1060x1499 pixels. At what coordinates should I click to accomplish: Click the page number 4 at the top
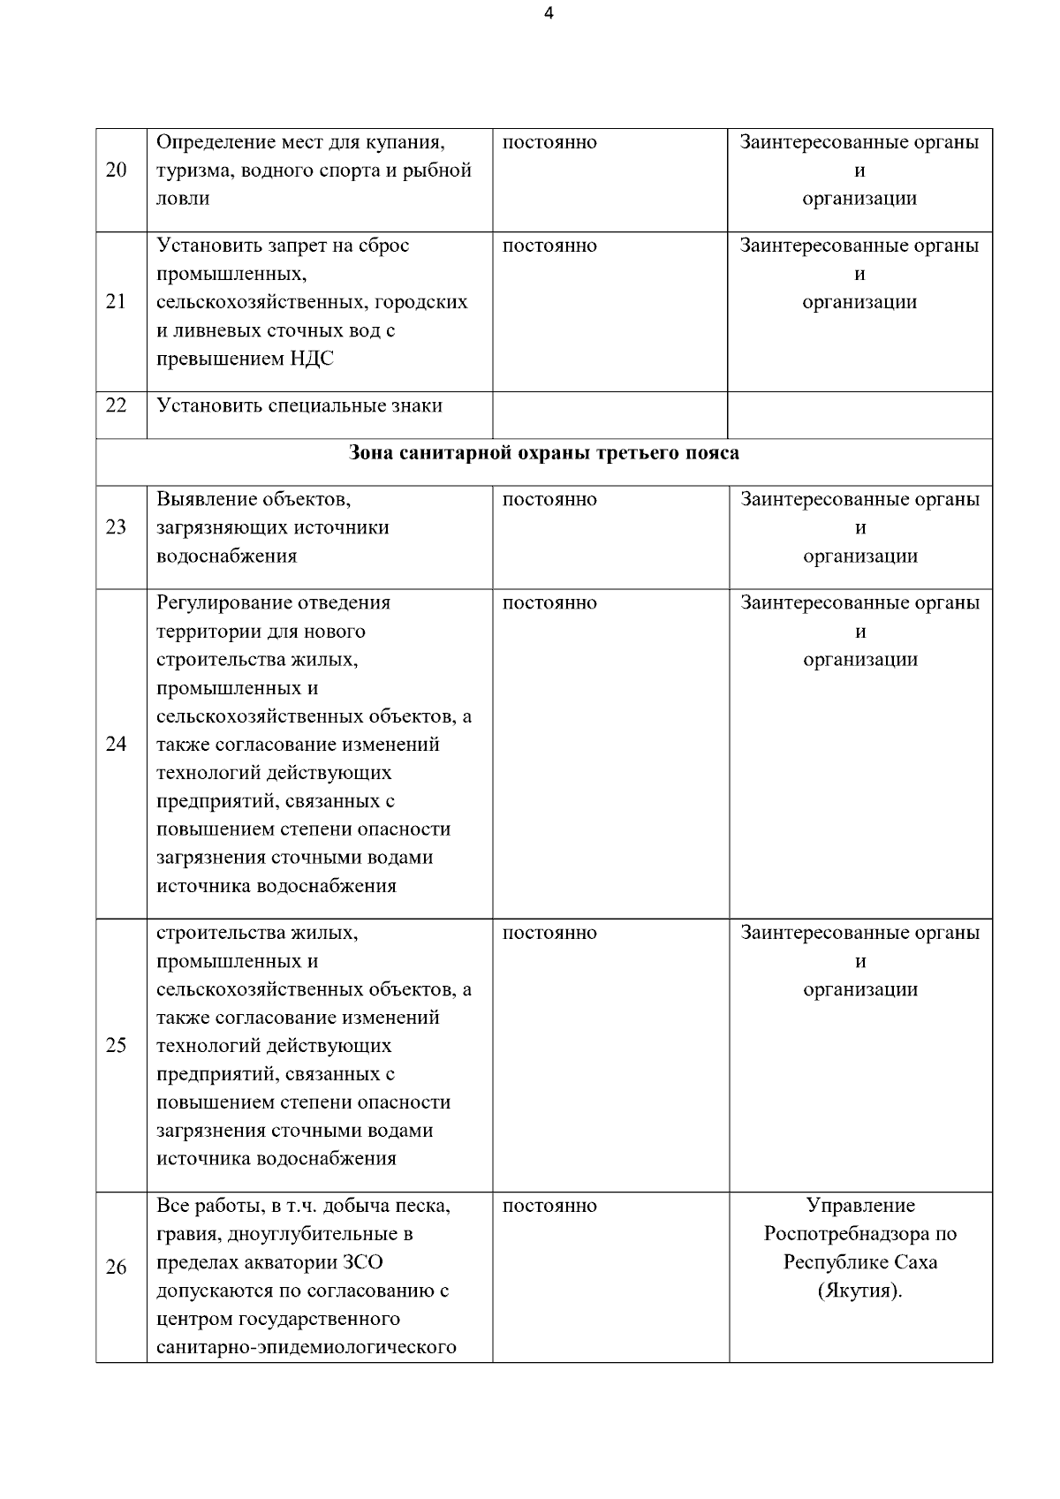549,13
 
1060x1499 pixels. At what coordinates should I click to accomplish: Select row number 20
116,170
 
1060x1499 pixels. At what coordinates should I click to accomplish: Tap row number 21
116,302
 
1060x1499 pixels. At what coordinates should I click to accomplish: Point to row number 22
116,405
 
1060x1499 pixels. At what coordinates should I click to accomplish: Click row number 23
116,527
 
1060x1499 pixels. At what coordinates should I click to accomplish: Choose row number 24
116,744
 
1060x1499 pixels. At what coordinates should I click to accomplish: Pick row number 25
116,1046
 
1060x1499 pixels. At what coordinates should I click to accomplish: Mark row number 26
116,1268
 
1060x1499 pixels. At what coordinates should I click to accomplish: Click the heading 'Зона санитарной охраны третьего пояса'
544,453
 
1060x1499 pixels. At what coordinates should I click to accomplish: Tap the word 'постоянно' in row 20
549,142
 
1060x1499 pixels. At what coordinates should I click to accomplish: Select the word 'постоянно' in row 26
549,1206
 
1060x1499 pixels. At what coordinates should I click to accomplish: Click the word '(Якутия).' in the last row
860,1291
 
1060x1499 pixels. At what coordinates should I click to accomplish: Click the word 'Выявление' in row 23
205,499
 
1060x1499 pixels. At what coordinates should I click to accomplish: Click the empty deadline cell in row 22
609,414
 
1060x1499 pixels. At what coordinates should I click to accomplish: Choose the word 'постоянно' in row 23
549,499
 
